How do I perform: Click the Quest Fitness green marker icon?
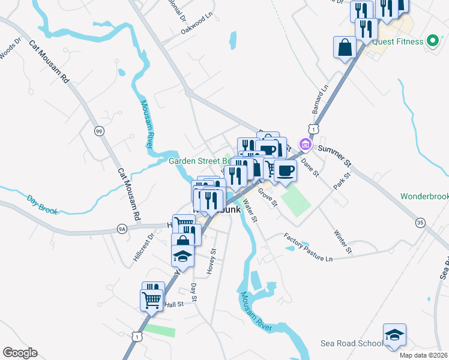(x=432, y=41)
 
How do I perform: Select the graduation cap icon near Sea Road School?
(x=394, y=335)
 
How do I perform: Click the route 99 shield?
(x=98, y=130)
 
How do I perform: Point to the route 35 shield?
(x=420, y=222)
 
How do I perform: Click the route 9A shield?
(x=122, y=229)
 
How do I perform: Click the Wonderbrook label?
(x=424, y=197)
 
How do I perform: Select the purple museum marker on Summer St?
(x=304, y=144)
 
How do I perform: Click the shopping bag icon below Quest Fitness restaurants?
(x=345, y=47)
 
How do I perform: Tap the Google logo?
(x=20, y=353)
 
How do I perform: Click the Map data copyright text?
(x=423, y=355)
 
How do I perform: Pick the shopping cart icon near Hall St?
(x=152, y=299)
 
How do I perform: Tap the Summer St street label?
(x=334, y=154)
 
